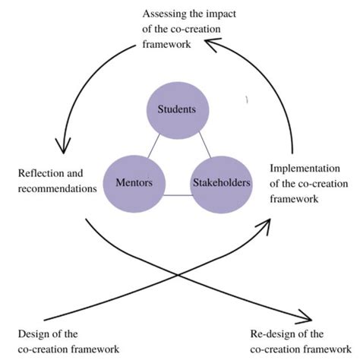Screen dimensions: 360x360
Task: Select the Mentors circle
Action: coord(134,183)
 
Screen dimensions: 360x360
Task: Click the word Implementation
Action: coord(302,168)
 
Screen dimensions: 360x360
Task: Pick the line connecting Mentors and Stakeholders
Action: coord(176,196)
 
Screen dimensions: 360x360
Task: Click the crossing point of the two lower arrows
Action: coord(176,274)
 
